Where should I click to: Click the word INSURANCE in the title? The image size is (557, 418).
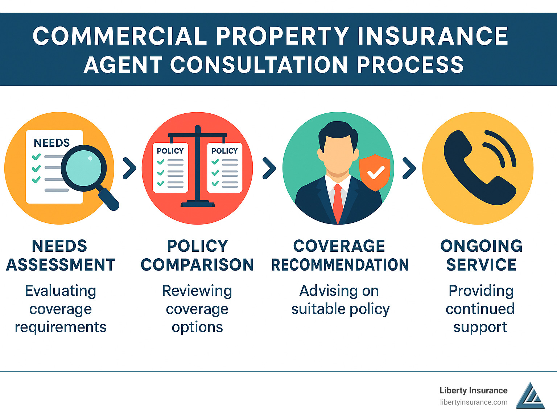point(433,36)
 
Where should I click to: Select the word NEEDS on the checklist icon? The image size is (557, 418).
point(51,143)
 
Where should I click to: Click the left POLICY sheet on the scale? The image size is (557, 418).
point(170,168)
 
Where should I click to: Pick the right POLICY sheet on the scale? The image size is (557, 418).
point(224,168)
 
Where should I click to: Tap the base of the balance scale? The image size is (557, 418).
point(198,204)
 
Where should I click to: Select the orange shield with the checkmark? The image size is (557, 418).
point(375,172)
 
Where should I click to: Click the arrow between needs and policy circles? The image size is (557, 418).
point(129,168)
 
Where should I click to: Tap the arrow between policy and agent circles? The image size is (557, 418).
point(269,168)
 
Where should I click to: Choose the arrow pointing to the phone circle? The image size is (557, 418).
point(409,168)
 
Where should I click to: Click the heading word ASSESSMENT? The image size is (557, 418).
point(61,265)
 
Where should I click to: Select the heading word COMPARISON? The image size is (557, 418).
point(197,265)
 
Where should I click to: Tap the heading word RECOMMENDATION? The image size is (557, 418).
point(340,265)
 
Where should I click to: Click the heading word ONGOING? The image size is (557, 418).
point(481,246)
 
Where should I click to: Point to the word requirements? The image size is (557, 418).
point(61,327)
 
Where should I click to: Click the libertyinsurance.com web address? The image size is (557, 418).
point(474,402)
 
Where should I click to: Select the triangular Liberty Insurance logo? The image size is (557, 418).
point(530,396)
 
